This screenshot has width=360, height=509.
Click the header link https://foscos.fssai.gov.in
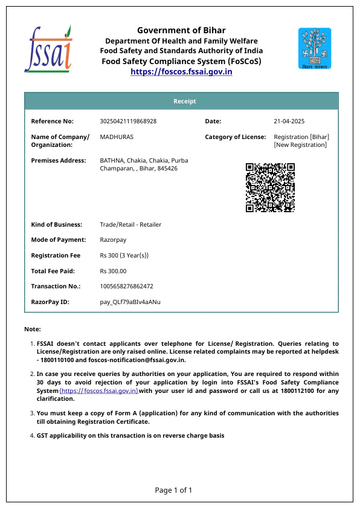pyautogui.click(x=181, y=71)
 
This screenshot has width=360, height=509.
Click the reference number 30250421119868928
pyautogui.click(x=128, y=122)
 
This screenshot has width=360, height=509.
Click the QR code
pyautogui.click(x=270, y=187)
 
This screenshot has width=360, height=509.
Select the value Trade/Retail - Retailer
pyautogui.click(x=130, y=225)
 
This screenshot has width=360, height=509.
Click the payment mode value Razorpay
pyautogui.click(x=113, y=240)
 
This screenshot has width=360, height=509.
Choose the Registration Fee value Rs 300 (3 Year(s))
pyautogui.click(x=124, y=256)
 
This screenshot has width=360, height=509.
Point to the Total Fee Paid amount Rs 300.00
pyautogui.click(x=113, y=271)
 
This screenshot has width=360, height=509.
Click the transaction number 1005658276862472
pyautogui.click(x=126, y=287)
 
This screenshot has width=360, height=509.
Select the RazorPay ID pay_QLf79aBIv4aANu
pyautogui.click(x=130, y=302)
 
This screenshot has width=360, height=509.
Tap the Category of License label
pyautogui.click(x=235, y=137)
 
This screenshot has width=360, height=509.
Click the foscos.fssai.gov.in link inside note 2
pyautogui.click(x=98, y=391)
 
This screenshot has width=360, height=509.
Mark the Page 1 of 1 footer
pyautogui.click(x=173, y=490)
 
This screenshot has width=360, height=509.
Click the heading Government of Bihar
pyautogui.click(x=181, y=30)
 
